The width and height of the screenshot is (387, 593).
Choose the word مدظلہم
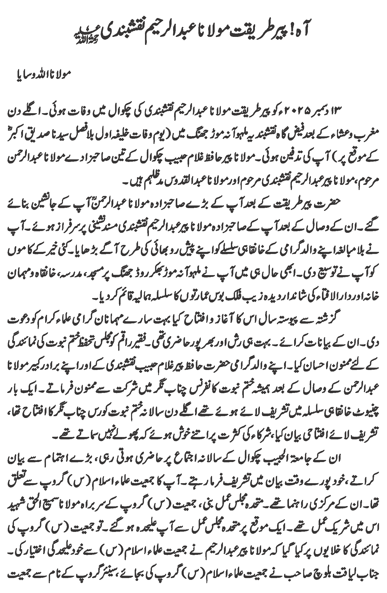(150, 182)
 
